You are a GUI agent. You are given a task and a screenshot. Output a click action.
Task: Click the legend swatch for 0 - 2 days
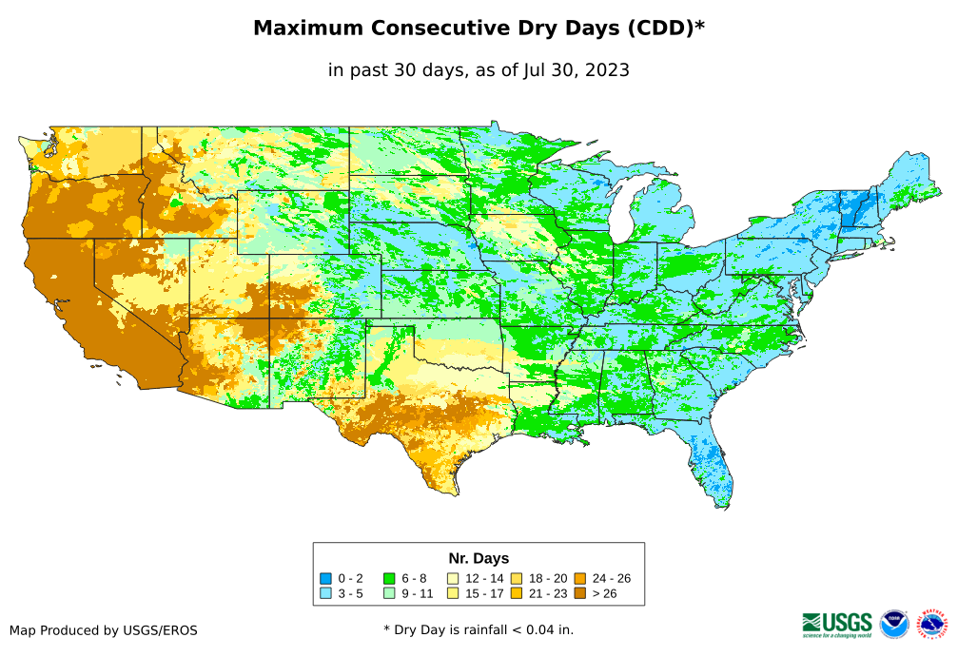coord(325,578)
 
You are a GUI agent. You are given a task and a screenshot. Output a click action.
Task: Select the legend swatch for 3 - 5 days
coord(325,593)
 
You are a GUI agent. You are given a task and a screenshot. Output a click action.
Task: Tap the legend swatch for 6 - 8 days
coord(389,578)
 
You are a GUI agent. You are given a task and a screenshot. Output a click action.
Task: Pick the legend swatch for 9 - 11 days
coord(389,593)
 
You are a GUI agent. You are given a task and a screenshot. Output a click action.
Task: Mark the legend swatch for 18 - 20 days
coord(517,578)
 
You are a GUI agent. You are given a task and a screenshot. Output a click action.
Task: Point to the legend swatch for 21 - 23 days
coord(517,593)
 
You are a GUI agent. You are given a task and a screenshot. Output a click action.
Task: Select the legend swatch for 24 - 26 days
coord(580,578)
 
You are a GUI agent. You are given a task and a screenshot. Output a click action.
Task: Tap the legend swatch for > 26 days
coord(580,593)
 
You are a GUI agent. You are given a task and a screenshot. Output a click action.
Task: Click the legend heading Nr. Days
coord(479,558)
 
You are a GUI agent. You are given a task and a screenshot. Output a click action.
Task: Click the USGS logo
coord(837,624)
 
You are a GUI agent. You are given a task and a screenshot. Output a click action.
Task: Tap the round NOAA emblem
coord(894,624)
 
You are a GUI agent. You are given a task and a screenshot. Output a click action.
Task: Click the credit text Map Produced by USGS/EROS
coord(104,630)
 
